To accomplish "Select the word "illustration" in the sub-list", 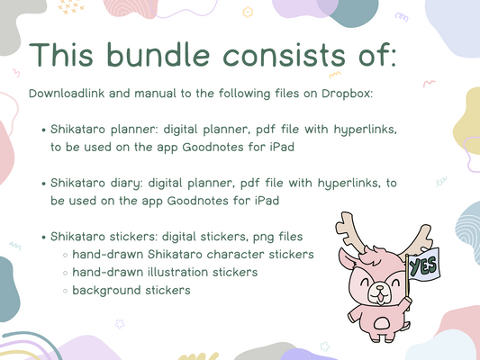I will pos(191,272).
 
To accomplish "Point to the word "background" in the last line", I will pos(110,290).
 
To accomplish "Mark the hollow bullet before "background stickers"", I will pos(65,291).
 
